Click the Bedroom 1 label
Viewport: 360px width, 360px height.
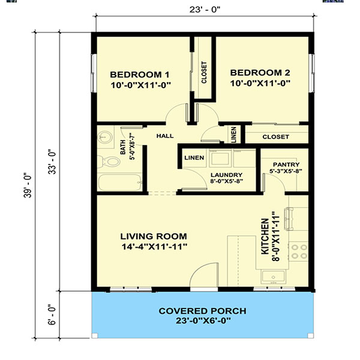pos(140,80)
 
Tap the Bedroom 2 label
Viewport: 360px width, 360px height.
pos(260,78)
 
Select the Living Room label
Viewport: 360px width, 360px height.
pos(154,241)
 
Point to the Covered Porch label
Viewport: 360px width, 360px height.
pos(203,316)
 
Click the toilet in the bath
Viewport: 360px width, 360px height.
pos(109,161)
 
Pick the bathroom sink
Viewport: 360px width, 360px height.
pos(105,137)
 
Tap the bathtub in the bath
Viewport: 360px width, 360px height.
pos(120,182)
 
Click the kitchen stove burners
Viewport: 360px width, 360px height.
pos(299,251)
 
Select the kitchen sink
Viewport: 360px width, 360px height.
pos(273,277)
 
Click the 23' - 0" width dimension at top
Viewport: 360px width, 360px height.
pos(205,10)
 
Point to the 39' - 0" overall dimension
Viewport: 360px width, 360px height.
pos(28,185)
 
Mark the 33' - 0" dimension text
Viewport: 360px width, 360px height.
pos(52,162)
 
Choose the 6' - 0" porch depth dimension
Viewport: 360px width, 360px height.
pos(52,315)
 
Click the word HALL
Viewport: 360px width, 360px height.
pos(165,136)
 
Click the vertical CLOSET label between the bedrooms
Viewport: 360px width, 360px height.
pos(204,73)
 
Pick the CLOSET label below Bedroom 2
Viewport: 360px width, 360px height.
pos(275,137)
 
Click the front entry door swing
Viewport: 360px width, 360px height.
pos(204,275)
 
